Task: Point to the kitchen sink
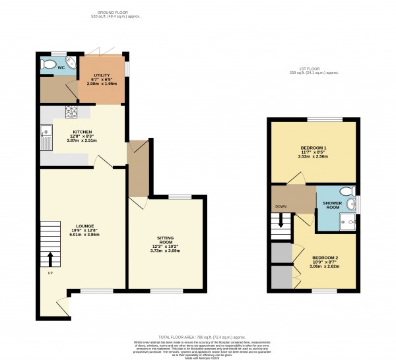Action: tap(46, 139)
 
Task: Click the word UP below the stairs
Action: tap(49, 272)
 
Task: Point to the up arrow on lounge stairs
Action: tap(50, 257)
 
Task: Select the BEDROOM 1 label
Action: tap(314, 148)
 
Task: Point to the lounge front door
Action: tap(62, 305)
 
